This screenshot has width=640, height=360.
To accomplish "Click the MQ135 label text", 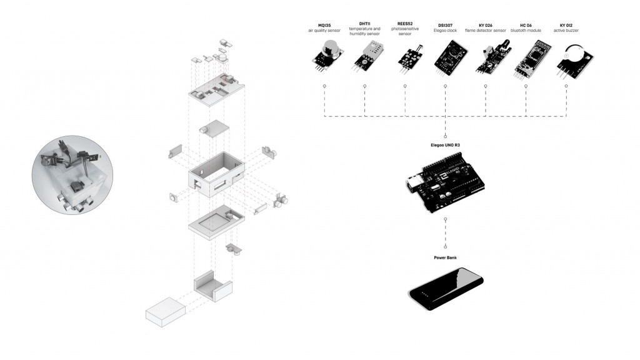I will [324, 25].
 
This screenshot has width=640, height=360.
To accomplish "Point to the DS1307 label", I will [445, 25].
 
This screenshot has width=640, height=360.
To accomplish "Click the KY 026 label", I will [486, 25].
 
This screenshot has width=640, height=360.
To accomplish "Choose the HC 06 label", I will [526, 25].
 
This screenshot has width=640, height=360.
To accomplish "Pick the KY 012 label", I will [566, 25].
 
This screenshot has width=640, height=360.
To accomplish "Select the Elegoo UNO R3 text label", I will [445, 145].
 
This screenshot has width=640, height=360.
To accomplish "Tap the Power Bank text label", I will [445, 257].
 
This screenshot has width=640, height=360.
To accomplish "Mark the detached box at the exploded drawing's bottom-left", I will [165, 311].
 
